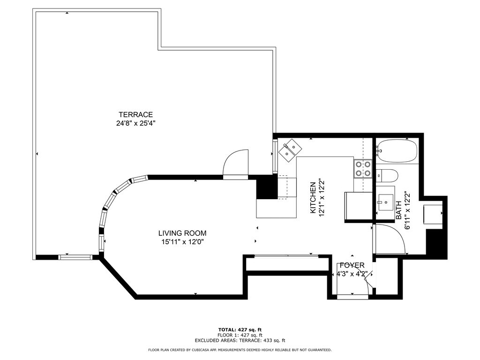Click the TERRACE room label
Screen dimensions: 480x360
click(135, 115)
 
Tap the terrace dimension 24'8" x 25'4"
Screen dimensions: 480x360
click(135, 123)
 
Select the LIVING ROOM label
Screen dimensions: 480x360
click(182, 233)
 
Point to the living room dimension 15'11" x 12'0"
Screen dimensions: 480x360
click(182, 242)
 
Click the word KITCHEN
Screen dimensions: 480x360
click(313, 198)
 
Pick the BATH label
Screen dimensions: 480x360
click(398, 210)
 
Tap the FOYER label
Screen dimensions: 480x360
click(352, 265)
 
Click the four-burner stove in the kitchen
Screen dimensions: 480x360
click(363, 169)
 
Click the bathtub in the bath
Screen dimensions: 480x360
click(397, 151)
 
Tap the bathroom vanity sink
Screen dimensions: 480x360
click(385, 202)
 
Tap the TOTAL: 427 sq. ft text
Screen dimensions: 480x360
click(240, 330)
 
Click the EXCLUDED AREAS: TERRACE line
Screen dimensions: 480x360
click(240, 340)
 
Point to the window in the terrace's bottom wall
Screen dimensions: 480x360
click(75, 257)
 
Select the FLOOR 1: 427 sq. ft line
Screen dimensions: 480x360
click(240, 335)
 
